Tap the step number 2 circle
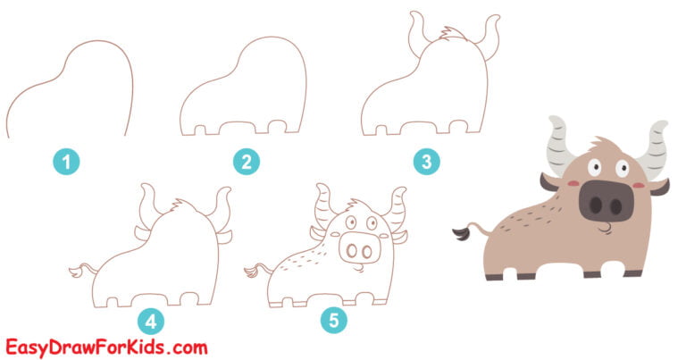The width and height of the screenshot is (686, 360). point(245,162)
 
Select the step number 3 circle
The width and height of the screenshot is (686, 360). point(426,162)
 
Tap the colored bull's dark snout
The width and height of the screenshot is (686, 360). point(606,200)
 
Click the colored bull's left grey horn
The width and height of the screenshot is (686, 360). point(560,143)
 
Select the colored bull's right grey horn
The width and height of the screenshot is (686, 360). point(656,143)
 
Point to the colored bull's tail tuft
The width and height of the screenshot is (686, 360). point(462,234)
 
